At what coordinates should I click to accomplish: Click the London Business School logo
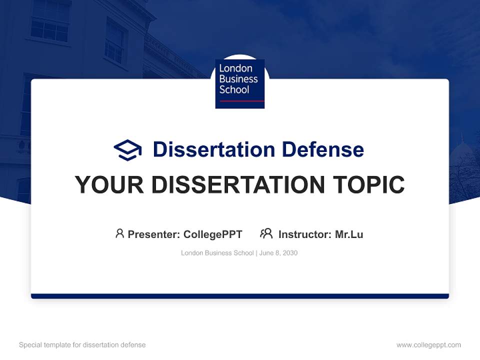tap(239, 84)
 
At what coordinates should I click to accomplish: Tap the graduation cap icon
tap(127, 150)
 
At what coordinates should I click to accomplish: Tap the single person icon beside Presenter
tap(119, 233)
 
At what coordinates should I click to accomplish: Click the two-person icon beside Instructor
tap(266, 233)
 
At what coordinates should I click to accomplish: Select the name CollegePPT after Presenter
tap(212, 234)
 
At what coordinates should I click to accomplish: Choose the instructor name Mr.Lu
tap(349, 234)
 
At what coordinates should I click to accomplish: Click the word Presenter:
tap(154, 234)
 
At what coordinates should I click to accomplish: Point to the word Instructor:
tap(305, 234)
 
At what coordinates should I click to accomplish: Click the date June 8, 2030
tap(278, 253)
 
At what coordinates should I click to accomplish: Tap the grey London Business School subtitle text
tap(217, 253)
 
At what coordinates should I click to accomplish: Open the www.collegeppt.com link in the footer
tap(428, 345)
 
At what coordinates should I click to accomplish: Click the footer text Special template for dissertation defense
tap(82, 345)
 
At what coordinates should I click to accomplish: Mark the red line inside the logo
tap(241, 101)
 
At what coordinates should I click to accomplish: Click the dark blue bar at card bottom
tap(239, 296)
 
